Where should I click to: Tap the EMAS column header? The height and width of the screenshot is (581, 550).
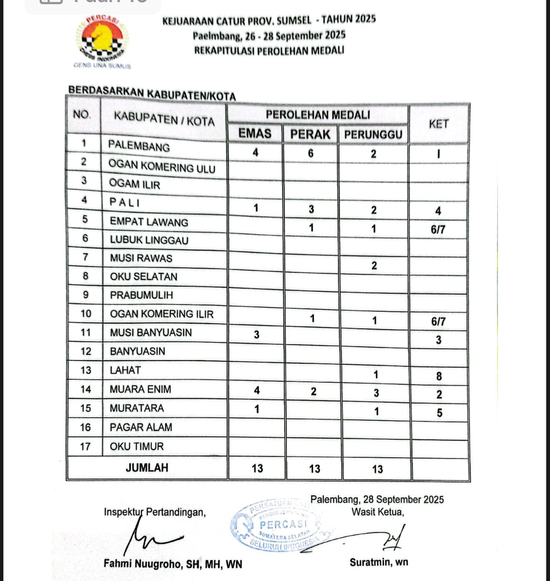255,134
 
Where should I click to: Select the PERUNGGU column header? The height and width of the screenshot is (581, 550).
373,134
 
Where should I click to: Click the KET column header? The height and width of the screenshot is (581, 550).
439,124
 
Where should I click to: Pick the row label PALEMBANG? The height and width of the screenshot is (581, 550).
139,146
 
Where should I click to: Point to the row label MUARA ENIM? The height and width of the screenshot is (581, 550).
140,389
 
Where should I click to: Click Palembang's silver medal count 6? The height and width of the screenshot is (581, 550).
311,154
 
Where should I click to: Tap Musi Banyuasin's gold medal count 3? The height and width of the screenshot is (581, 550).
256,334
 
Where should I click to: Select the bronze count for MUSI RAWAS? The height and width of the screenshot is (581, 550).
374,265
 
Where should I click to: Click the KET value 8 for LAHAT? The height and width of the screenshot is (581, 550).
439,376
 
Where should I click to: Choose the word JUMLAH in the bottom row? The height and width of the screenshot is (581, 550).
147,468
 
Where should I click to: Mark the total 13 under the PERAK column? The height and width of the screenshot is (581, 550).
314,469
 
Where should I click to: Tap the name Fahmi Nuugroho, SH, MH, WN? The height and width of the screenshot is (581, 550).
173,564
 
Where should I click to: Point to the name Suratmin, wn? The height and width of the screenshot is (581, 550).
379,562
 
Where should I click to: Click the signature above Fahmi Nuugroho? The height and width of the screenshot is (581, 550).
150,536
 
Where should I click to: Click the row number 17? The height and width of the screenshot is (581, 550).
85,447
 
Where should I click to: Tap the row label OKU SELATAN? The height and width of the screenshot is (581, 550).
143,277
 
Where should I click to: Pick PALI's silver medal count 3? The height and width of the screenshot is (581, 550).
311,209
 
